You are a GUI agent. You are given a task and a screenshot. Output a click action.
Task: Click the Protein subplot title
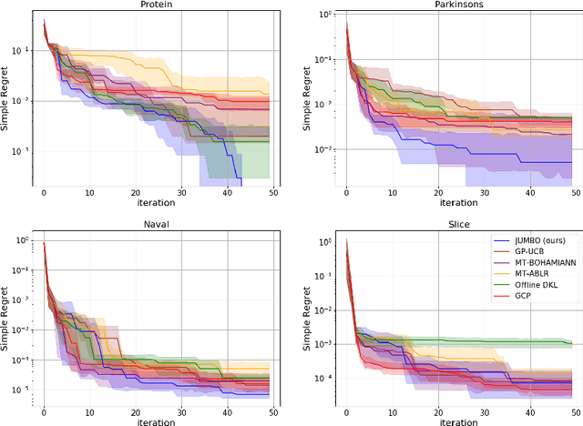pos(157,5)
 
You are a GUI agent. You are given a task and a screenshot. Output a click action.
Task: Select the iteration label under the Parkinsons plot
pos(460,204)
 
